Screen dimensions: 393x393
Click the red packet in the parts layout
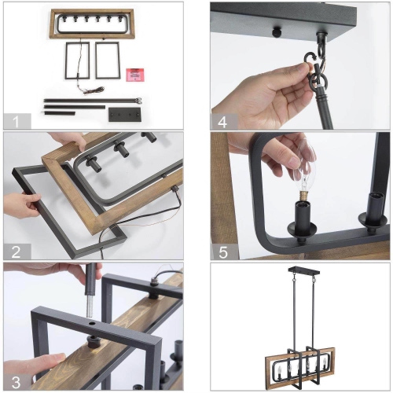pyautogui.click(x=137, y=75)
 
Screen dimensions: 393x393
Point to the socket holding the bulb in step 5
pyautogui.click(x=303, y=216)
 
